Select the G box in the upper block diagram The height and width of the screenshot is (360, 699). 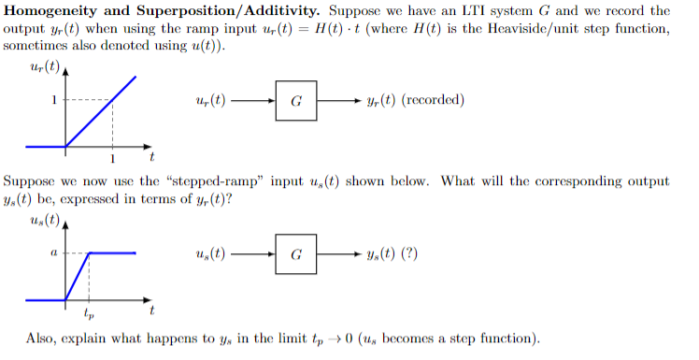coord(296,100)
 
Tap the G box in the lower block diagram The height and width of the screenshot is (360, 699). coord(296,253)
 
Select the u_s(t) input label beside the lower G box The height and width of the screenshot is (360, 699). coord(211,253)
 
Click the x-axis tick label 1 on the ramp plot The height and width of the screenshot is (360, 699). coord(113,158)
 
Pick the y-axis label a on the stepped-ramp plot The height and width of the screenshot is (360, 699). coord(54,252)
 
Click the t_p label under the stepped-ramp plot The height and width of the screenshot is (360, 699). coord(89,314)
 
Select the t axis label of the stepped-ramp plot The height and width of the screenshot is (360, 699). coord(151,310)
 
